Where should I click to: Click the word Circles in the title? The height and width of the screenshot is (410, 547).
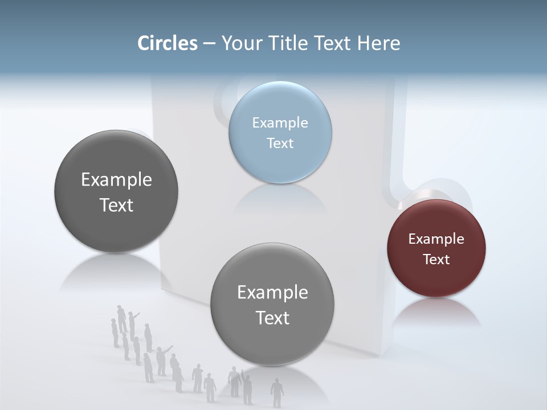point(168,43)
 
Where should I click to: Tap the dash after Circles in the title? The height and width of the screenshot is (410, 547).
point(209,44)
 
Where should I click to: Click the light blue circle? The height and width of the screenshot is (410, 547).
point(280,132)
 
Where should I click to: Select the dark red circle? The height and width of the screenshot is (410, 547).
point(436,248)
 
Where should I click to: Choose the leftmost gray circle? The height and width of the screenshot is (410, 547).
point(116,191)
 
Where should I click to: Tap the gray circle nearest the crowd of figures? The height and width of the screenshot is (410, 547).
point(272,304)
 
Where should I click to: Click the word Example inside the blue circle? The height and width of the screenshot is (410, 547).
point(280,122)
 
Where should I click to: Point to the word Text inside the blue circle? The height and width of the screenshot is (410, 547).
point(280,143)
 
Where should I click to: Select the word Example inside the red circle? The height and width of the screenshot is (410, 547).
point(436,239)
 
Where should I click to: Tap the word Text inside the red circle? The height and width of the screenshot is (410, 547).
point(436,259)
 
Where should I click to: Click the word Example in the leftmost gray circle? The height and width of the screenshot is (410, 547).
point(116,179)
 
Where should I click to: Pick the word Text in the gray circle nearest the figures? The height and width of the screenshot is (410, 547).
point(272,318)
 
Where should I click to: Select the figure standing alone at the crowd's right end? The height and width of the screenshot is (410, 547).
point(277,391)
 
